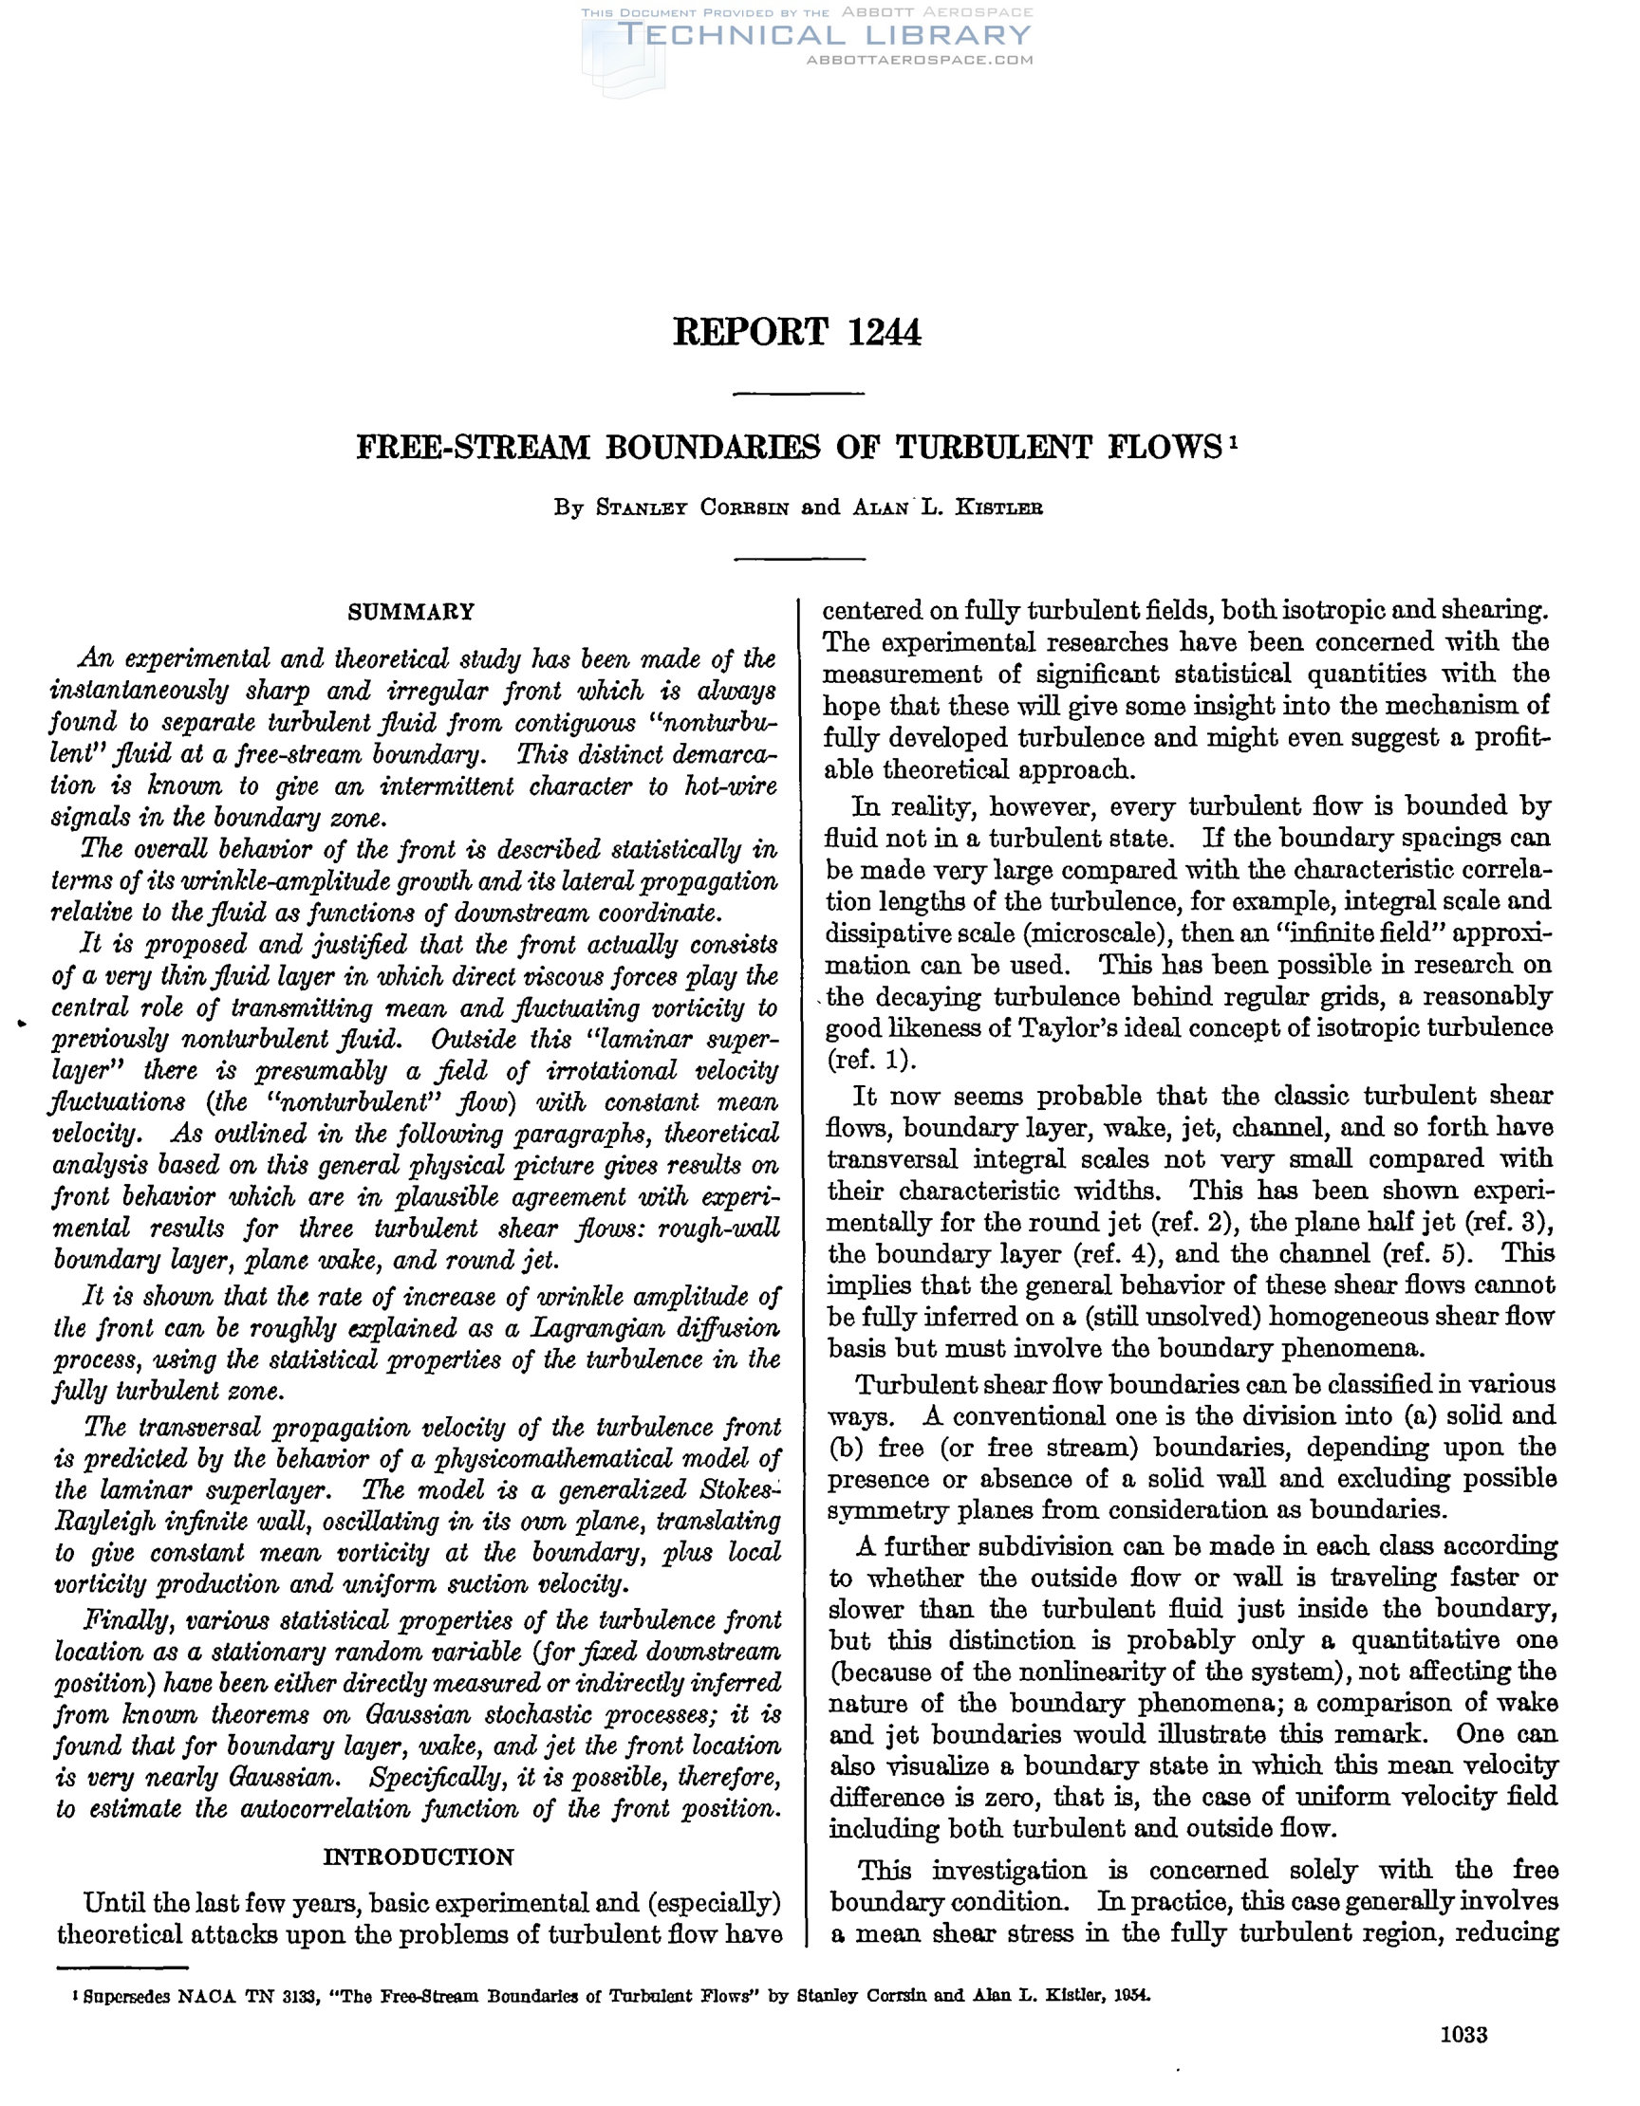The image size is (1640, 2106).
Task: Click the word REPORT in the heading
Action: click(x=750, y=333)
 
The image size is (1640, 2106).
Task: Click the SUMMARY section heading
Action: click(x=411, y=611)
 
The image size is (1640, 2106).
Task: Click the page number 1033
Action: click(x=1463, y=2036)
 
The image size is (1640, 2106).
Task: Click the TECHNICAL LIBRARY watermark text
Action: click(x=824, y=36)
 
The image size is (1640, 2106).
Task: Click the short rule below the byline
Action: click(x=798, y=560)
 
